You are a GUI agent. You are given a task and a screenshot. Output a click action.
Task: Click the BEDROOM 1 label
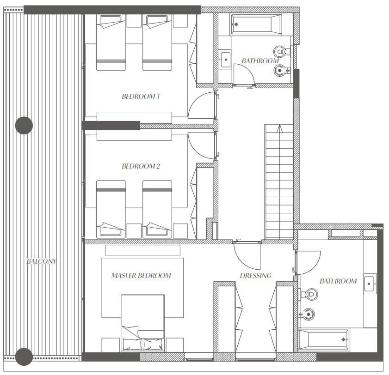141,97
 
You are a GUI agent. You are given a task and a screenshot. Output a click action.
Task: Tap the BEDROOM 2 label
141,166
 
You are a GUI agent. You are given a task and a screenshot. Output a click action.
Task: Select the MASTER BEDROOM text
141,275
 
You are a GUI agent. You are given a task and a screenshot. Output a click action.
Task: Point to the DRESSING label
255,275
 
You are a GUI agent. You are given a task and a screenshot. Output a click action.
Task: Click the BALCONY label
41,261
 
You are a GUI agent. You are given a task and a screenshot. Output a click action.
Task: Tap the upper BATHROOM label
260,60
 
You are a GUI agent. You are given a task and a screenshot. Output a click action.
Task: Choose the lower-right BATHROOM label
338,281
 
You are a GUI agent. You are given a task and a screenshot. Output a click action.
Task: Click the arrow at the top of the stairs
279,129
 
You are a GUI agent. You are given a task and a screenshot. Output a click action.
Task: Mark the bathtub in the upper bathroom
257,24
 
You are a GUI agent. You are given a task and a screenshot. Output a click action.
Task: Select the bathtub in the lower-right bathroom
323,339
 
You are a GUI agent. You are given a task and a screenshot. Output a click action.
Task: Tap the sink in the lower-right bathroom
370,284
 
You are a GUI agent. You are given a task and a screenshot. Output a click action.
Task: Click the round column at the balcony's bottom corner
24,357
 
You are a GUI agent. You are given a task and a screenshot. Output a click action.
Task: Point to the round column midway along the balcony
24,125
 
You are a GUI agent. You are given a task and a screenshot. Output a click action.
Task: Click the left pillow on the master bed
132,345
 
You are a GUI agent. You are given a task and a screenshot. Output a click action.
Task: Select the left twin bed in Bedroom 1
111,42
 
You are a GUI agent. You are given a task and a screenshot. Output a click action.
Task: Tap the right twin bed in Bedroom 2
157,209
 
